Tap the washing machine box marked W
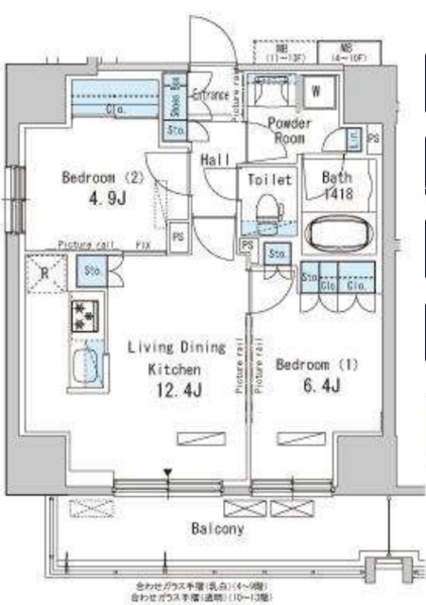point(318,92)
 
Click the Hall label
point(215,161)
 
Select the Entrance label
point(212,95)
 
